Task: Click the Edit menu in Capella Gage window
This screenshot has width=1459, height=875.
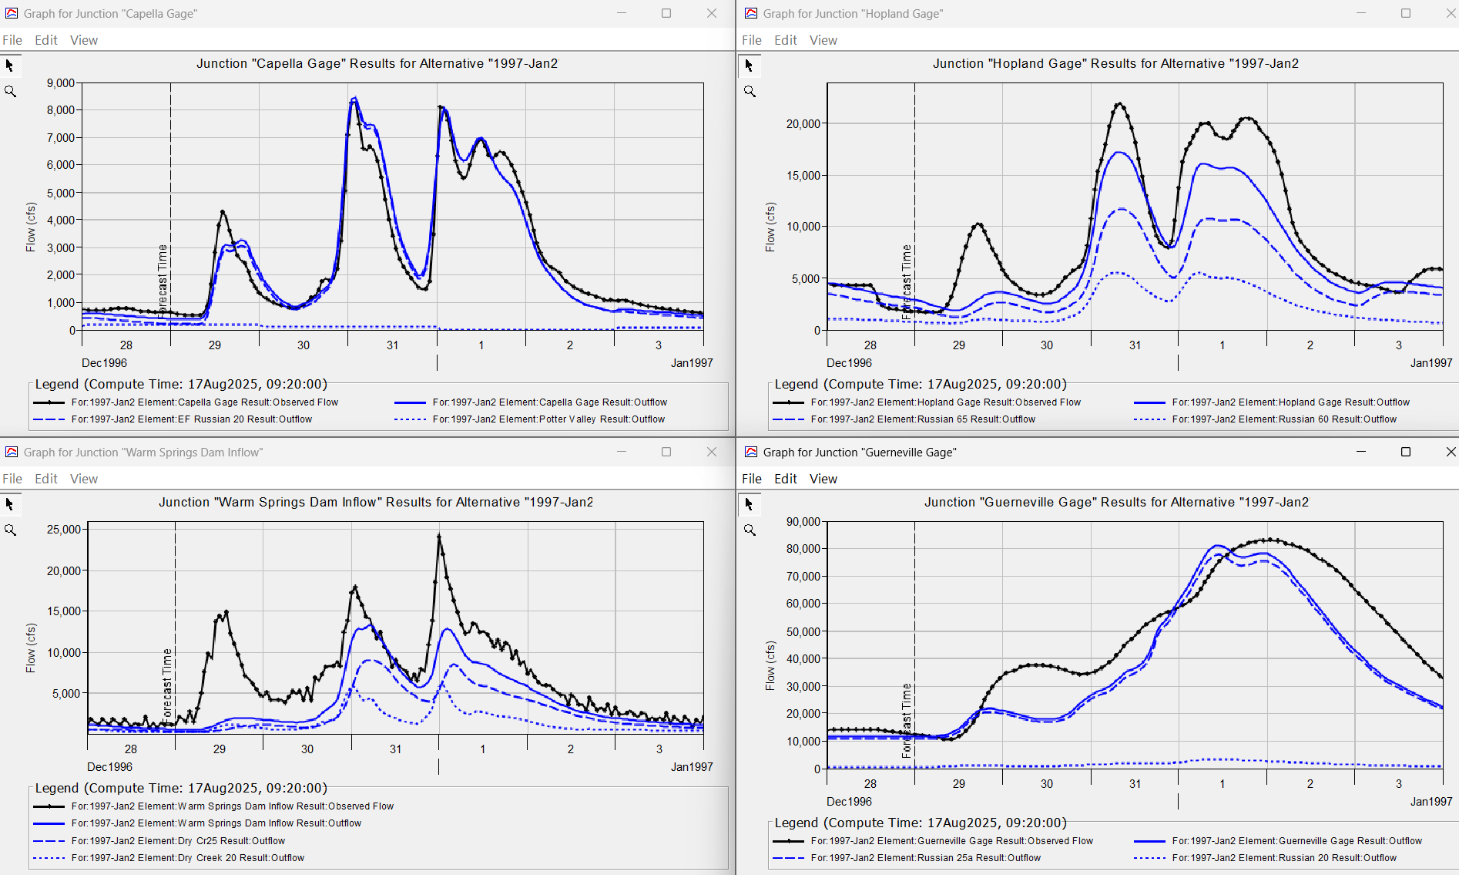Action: (x=45, y=40)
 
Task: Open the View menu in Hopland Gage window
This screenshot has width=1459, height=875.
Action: (x=823, y=40)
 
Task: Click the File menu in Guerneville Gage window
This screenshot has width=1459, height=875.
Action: (x=751, y=479)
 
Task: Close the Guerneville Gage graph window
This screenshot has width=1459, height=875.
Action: (x=1451, y=452)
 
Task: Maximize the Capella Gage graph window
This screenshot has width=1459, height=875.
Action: (x=666, y=13)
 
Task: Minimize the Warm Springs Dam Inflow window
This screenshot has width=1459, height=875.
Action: (x=622, y=452)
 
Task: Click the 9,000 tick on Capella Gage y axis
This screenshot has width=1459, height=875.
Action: (x=61, y=83)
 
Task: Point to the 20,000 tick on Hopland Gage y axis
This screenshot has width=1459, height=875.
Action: (x=803, y=124)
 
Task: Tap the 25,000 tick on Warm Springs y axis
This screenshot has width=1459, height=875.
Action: (x=64, y=530)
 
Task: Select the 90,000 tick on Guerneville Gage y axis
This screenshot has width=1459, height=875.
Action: (x=803, y=522)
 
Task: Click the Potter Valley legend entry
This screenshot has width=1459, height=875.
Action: (x=548, y=419)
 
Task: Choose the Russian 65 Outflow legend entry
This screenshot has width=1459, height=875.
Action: (x=922, y=419)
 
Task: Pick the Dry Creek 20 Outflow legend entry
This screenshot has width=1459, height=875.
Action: (x=187, y=858)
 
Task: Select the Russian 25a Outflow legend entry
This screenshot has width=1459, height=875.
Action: (x=924, y=858)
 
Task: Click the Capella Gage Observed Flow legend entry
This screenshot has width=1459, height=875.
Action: (x=204, y=402)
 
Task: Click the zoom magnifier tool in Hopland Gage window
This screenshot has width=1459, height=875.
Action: (x=750, y=92)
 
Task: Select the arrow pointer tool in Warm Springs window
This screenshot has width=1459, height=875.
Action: (x=10, y=504)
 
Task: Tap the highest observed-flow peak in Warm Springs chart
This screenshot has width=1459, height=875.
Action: (x=439, y=535)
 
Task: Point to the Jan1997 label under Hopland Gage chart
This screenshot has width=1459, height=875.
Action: (x=1430, y=363)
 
